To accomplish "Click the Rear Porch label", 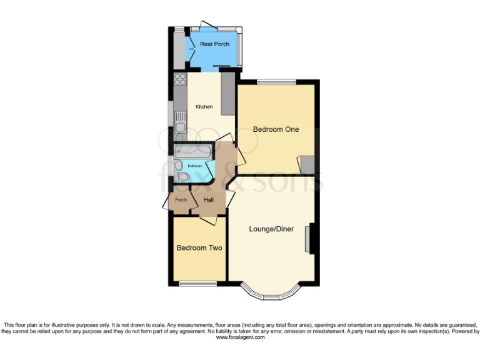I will coord(214,44).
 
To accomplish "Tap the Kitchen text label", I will coord(204,107).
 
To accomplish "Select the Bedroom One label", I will coord(276,129).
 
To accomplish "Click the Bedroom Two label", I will coord(199,248).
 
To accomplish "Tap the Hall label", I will coord(209,200).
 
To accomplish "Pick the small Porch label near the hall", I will coord(181,200).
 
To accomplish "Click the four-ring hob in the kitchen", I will coord(180,79).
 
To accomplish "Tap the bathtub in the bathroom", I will coord(194,152).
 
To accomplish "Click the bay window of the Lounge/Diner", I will coord(271,291).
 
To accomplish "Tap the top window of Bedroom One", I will coord(276,82).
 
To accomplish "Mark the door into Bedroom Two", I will coord(208,219).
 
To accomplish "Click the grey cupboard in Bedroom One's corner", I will coord(307,164).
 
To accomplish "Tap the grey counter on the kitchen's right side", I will coord(227,93).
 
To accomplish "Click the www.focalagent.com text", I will coord(241,337).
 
